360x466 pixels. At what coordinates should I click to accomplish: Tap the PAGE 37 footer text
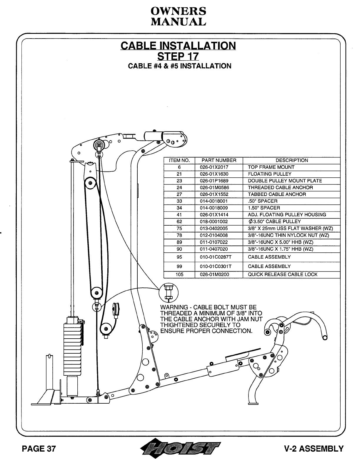pyautogui.click(x=39, y=449)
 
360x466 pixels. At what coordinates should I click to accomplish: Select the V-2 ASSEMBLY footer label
pyautogui.click(x=314, y=449)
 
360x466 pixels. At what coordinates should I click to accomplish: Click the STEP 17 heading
pyautogui.click(x=178, y=56)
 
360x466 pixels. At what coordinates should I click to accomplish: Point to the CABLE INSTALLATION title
pyautogui.click(x=178, y=46)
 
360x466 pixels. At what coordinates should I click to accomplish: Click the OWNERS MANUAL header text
pyautogui.click(x=178, y=16)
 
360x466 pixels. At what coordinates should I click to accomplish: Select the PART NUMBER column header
pyautogui.click(x=219, y=160)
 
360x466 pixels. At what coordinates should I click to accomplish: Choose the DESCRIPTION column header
pyautogui.click(x=291, y=160)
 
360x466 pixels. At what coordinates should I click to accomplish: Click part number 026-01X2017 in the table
pyautogui.click(x=214, y=167)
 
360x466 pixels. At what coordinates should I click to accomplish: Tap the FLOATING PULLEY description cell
pyautogui.click(x=269, y=174)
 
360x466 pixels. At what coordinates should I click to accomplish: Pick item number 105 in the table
pyautogui.click(x=179, y=274)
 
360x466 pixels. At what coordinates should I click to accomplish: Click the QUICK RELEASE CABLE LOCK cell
pyautogui.click(x=283, y=274)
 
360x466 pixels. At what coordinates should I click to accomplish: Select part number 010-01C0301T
pyautogui.click(x=216, y=266)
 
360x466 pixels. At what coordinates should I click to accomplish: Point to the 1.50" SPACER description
pyautogui.click(x=264, y=208)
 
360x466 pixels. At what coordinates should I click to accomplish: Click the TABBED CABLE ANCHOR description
pyautogui.click(x=277, y=194)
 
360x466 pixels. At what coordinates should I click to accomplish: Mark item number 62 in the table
pyautogui.click(x=179, y=222)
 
